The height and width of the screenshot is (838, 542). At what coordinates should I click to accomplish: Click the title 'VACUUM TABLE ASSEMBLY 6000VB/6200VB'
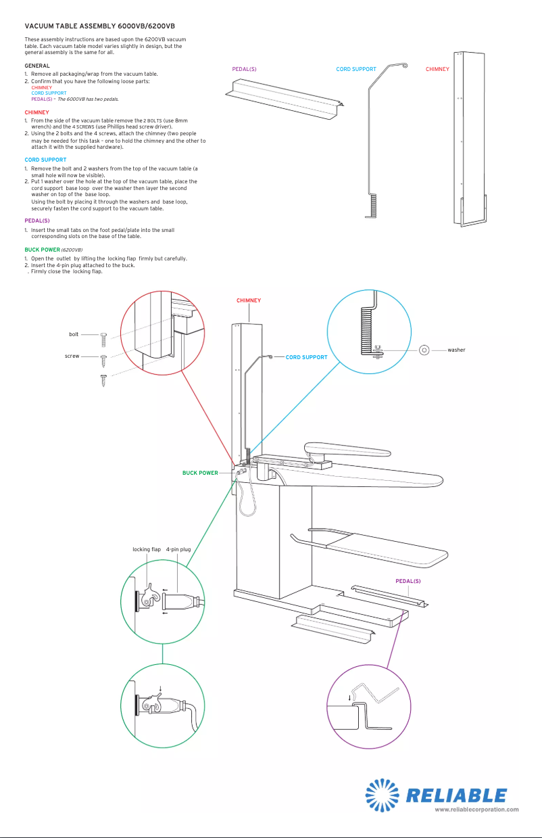point(99,25)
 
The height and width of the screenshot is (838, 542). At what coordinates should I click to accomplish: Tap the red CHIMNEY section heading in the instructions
point(36,112)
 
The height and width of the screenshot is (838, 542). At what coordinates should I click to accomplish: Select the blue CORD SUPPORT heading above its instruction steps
point(45,160)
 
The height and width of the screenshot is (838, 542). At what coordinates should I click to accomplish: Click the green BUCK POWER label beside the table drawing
point(200,473)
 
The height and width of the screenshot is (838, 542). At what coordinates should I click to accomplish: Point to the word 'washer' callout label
point(456,350)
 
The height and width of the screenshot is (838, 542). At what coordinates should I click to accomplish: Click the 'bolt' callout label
point(74,334)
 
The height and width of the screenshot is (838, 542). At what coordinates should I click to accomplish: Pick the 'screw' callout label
point(72,356)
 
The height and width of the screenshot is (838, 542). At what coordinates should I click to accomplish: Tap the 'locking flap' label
point(147,549)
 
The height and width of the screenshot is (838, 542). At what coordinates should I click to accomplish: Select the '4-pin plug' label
point(178,549)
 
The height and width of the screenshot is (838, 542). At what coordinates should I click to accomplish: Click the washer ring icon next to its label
point(424,350)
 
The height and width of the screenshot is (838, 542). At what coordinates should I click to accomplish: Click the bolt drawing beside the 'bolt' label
point(103,340)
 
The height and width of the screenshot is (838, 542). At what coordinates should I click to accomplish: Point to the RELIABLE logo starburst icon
point(384,795)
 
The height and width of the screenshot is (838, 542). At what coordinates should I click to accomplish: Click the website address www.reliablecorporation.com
point(476,809)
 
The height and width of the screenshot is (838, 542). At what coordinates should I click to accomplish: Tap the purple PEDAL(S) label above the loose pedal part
point(244,69)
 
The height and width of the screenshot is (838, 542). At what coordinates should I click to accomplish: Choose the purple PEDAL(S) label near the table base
point(408,581)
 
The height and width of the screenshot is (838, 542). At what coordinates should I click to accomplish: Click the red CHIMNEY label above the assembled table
point(249,300)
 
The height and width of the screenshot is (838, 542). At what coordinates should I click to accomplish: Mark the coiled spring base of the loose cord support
point(373,206)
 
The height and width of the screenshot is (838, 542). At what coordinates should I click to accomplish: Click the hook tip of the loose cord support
point(404,65)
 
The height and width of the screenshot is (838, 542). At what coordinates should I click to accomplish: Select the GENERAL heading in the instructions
point(37,66)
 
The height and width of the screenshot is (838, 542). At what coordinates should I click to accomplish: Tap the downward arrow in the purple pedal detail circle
point(350,698)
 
